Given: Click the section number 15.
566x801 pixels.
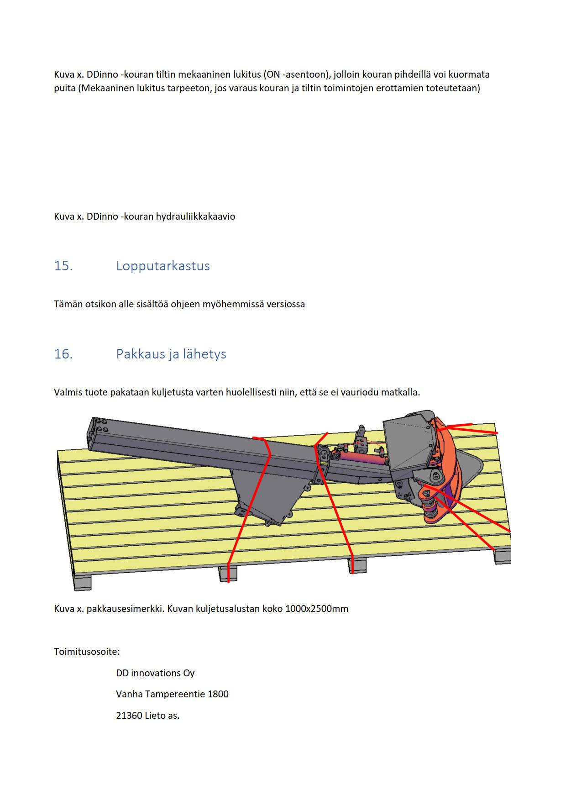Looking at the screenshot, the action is point(63,266).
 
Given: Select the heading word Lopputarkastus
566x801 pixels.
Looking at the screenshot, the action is point(163,266).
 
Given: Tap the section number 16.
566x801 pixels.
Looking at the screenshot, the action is point(63,354).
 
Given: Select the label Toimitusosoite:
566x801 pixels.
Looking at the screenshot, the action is point(87,652).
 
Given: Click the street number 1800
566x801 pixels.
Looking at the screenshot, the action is point(218,694).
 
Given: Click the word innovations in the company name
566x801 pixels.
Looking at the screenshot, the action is point(155,673).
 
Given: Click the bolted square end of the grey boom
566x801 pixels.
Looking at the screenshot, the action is point(98,434).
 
